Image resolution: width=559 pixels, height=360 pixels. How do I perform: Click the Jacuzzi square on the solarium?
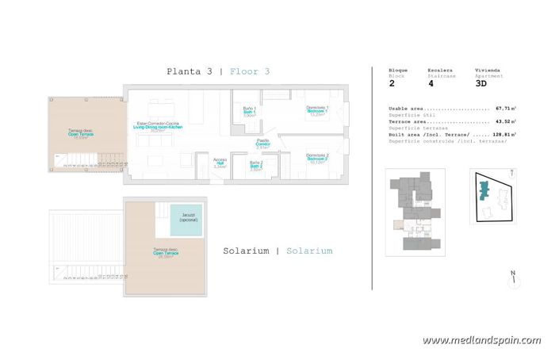186,219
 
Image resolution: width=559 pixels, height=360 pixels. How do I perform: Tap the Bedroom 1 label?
317,112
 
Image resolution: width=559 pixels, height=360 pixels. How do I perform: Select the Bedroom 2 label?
317,159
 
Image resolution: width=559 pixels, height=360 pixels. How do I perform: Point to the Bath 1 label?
248,112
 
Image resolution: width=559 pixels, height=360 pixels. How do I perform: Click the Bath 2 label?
255,166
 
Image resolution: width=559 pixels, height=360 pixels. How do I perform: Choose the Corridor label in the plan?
262,144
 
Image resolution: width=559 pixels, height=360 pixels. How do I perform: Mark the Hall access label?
220,163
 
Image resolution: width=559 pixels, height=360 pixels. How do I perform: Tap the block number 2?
392,82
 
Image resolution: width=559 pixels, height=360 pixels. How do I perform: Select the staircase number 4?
431,82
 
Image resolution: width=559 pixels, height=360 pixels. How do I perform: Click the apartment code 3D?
481,82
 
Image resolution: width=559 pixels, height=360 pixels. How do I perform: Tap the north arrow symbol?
514,278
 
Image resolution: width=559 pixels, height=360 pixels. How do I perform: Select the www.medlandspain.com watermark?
481,340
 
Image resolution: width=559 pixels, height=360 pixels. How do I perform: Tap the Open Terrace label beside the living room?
81,135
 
